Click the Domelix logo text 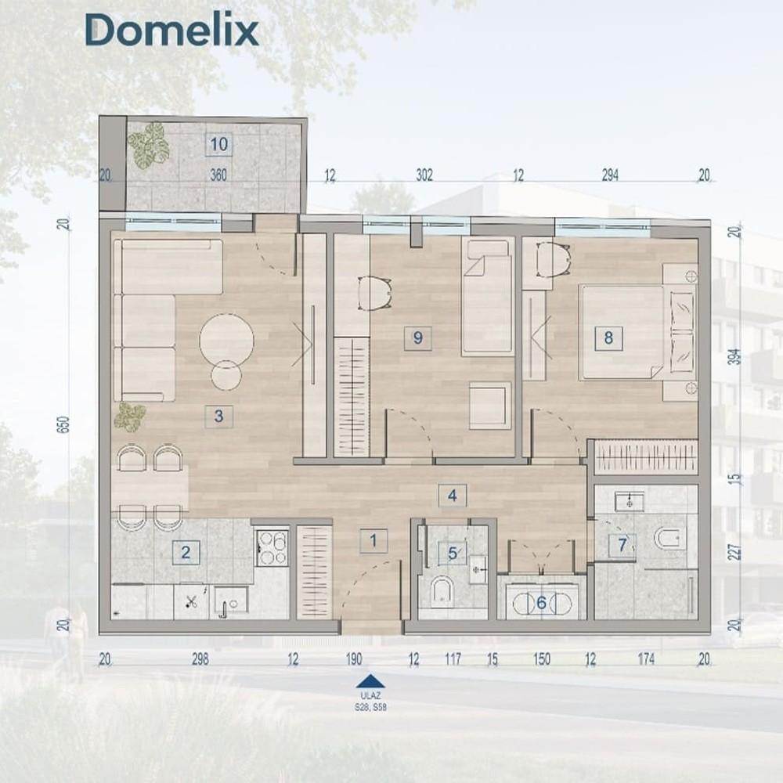coord(171,30)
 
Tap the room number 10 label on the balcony coord(218,144)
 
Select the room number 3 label coord(218,416)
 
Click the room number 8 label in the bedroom coord(608,338)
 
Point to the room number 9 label coord(418,338)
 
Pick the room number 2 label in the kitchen coord(186,552)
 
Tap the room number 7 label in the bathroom coord(622,545)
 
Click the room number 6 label coord(541,603)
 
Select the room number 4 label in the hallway coord(453,496)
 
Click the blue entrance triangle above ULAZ coord(370,682)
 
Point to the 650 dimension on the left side coord(64,424)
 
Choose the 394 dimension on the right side coord(734,356)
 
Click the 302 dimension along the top coord(424,175)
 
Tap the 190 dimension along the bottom coord(354,659)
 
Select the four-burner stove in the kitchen coord(272,548)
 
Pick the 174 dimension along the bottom coord(646,659)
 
